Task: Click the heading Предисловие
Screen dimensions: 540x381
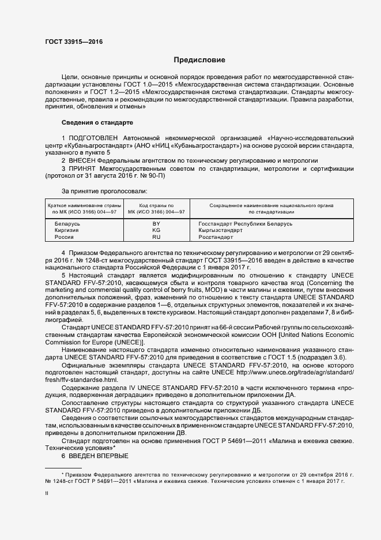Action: [199, 60]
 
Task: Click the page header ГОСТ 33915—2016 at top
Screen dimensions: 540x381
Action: [70, 42]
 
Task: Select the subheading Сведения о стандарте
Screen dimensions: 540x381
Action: [97, 123]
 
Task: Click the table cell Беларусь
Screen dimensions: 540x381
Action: [67, 223]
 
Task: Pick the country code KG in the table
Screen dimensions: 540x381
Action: [156, 230]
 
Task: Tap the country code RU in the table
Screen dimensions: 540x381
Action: [156, 237]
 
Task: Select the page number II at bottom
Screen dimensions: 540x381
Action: [47, 493]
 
